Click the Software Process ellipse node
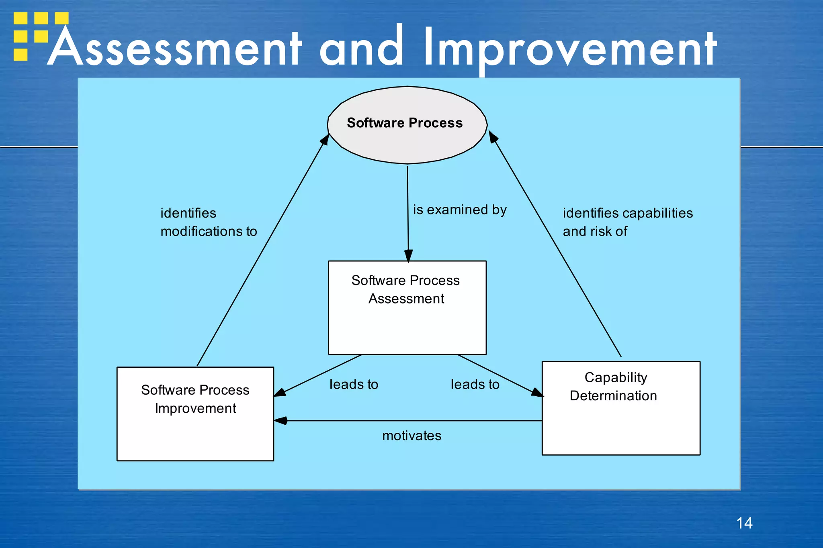point(407,124)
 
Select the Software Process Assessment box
point(407,308)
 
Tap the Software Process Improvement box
point(195,414)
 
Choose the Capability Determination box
point(621,408)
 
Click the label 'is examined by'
point(460,210)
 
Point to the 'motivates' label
point(411,436)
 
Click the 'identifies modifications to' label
point(208,222)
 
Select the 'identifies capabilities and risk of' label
point(627,222)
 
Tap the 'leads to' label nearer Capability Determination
point(475,384)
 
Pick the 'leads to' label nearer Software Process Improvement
point(354,384)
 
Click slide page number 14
point(744,523)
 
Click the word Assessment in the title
point(175,47)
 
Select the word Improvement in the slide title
point(569,47)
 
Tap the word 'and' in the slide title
point(361,47)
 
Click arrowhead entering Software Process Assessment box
point(408,256)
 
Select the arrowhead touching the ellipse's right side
point(493,136)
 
